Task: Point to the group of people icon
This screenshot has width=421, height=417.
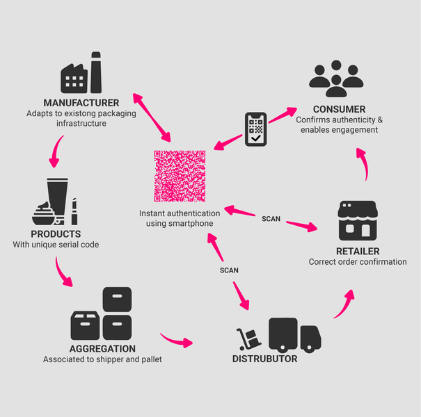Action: pos(336,78)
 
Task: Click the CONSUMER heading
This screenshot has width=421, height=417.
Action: pos(339,109)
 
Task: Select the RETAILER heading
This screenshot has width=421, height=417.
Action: pos(357,251)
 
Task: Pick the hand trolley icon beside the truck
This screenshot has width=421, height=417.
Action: pos(247,339)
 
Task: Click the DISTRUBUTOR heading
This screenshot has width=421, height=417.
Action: pos(264,359)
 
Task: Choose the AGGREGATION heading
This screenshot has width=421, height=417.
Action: pos(102,348)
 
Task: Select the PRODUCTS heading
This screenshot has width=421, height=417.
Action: pos(56,234)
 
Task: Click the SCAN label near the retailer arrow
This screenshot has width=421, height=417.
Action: pos(271,219)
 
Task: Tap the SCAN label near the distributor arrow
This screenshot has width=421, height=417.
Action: pos(229,270)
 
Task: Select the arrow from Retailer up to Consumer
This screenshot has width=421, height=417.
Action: pos(363,160)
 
